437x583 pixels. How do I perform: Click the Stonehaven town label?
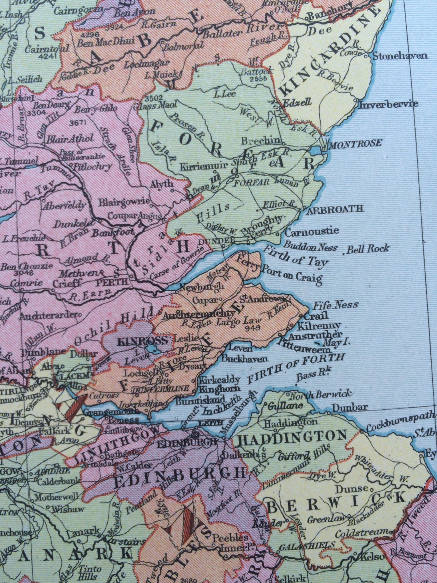click(x=400, y=56)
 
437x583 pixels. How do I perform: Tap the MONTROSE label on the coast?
click(x=355, y=143)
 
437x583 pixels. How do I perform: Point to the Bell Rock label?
click(x=367, y=249)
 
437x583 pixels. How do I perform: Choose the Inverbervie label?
click(x=388, y=104)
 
